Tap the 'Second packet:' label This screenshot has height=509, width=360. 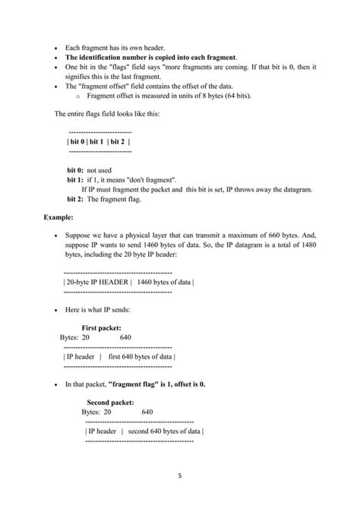(x=110, y=402)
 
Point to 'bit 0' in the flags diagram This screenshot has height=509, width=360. (x=77, y=141)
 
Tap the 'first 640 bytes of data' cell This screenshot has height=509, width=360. (x=141, y=356)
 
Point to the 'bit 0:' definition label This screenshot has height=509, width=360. (x=76, y=171)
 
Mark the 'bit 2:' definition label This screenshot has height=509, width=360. (x=76, y=198)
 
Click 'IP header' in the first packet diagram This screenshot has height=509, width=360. (x=81, y=356)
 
